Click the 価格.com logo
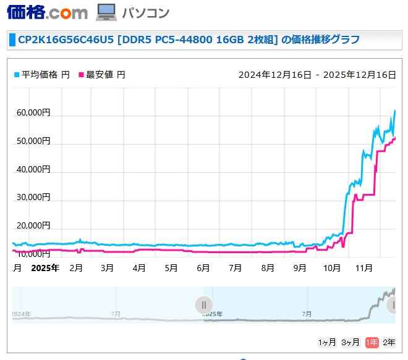click(47, 12)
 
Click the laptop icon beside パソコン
click(106, 12)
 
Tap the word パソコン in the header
click(145, 12)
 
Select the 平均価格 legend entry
click(40, 75)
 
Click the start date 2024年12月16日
click(274, 75)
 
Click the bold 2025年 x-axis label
click(45, 268)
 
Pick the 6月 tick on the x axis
click(203, 268)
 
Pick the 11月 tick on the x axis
click(364, 268)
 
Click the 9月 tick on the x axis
click(300, 268)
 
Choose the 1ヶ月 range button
click(327, 342)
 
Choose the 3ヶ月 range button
click(350, 342)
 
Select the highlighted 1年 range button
click(372, 342)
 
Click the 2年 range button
click(389, 342)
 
